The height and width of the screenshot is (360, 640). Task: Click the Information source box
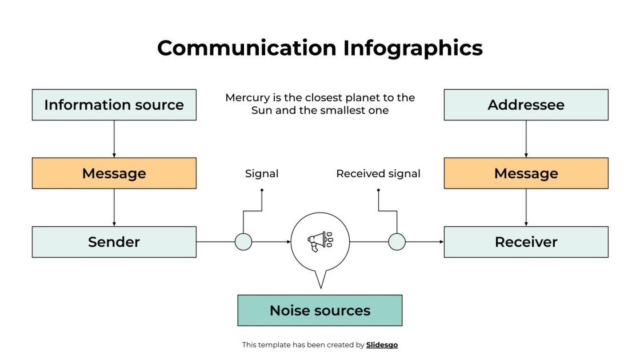114,105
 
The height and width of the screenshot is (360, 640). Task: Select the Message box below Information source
114,173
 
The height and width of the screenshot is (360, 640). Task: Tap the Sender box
114,242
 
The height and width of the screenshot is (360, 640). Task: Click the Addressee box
526,105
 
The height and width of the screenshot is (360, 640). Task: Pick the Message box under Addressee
526,173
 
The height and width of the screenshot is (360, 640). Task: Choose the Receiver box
526,242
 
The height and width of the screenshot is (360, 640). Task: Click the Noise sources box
319,310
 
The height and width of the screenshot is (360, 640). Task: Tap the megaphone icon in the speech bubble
319,241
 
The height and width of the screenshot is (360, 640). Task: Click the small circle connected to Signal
243,242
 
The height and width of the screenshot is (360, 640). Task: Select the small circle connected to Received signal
397,242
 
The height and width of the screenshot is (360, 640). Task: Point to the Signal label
262,173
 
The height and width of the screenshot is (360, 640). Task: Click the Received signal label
378,173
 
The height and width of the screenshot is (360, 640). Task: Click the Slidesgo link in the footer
382,345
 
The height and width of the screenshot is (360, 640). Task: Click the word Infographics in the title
413,48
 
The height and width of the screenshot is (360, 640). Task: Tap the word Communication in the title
247,48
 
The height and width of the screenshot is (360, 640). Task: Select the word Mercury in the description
247,98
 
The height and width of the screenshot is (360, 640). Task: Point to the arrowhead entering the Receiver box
441,242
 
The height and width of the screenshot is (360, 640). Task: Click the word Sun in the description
262,110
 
